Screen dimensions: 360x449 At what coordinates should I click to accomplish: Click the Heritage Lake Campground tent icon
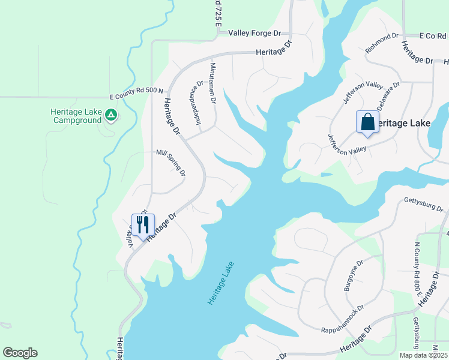(110, 114)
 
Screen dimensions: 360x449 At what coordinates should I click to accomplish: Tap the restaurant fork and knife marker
(143, 225)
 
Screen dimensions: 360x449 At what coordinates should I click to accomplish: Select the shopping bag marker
(367, 122)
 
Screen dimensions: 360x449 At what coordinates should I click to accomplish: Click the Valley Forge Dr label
(255, 34)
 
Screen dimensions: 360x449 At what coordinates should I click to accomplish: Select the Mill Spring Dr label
(170, 163)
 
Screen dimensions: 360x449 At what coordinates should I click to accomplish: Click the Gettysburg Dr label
(423, 204)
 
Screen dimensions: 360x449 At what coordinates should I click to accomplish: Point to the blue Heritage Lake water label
(220, 283)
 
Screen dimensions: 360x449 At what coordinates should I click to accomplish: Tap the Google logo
(20, 353)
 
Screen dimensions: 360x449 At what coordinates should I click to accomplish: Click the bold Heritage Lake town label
(403, 123)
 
